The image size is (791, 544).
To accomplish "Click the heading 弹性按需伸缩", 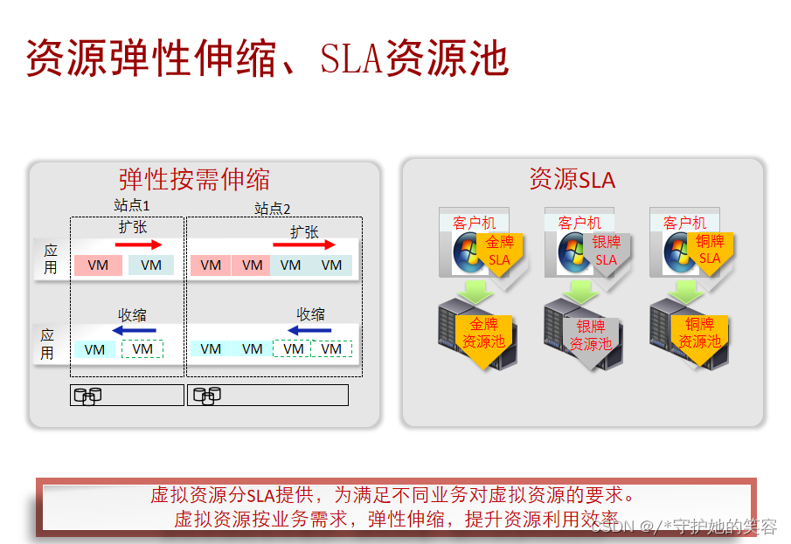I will click(194, 179).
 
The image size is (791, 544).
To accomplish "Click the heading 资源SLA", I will click(572, 180).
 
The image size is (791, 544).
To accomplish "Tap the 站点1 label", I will click(132, 205).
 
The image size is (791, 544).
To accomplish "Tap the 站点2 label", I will click(272, 208).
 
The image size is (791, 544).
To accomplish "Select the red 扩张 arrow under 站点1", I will click(139, 244).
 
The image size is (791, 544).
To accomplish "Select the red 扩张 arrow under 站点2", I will click(304, 244).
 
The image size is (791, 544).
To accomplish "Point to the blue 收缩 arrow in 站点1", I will click(134, 330).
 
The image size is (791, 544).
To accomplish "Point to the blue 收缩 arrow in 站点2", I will click(309, 330).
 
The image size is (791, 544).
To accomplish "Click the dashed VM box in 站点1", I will click(142, 349).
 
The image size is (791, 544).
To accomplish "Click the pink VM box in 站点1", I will click(98, 265).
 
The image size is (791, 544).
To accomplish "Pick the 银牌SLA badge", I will click(606, 251).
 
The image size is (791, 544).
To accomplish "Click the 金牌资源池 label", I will click(483, 333).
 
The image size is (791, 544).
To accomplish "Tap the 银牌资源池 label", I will click(591, 335).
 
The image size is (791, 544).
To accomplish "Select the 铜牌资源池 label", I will click(699, 333).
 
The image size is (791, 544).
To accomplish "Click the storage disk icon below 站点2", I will click(205, 396).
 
